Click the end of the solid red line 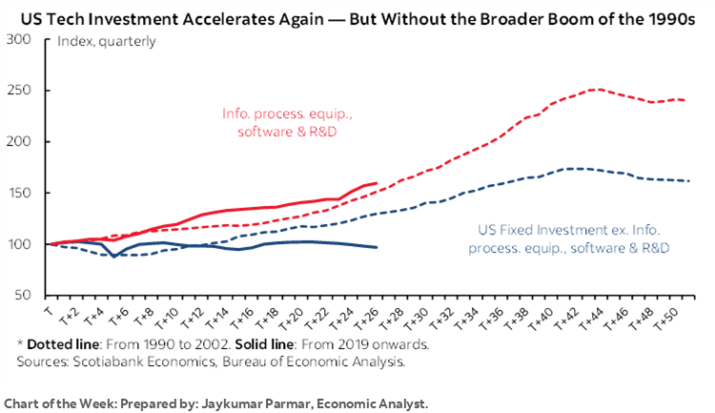tap(377, 182)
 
